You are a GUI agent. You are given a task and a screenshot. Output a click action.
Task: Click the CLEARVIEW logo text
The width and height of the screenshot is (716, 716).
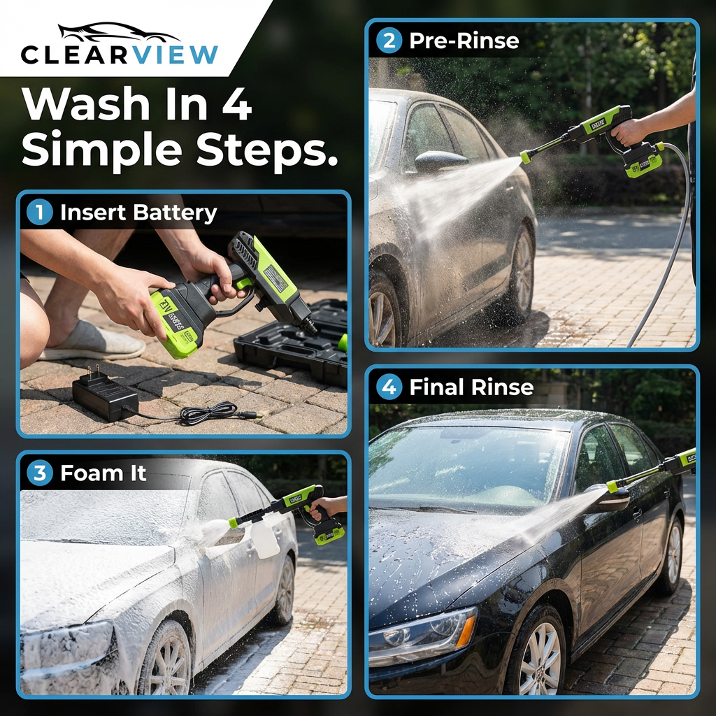pyautogui.click(x=120, y=55)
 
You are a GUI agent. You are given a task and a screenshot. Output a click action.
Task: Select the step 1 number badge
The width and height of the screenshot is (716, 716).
pyautogui.click(x=39, y=213)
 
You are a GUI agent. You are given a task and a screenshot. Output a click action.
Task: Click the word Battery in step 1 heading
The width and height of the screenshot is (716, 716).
pyautogui.click(x=178, y=213)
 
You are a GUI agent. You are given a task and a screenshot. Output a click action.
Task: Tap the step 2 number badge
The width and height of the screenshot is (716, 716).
pyautogui.click(x=389, y=41)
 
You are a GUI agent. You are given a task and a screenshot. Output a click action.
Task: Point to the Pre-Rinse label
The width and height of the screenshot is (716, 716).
pyautogui.click(x=464, y=41)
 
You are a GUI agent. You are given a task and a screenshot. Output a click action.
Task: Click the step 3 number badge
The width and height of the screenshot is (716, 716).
pyautogui.click(x=39, y=473)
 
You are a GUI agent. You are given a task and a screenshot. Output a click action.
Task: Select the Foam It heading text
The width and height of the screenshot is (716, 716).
pyautogui.click(x=103, y=473)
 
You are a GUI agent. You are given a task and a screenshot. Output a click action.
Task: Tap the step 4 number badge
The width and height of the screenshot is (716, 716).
pyautogui.click(x=389, y=387)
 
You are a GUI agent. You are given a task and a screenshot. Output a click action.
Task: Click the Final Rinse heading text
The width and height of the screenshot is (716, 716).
pyautogui.click(x=471, y=387)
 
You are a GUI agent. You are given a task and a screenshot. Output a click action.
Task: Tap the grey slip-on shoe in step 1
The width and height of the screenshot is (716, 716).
pyautogui.click(x=91, y=343)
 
